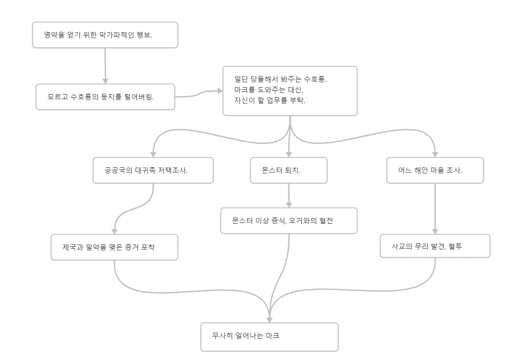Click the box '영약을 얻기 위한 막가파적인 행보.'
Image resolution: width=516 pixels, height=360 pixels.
105,35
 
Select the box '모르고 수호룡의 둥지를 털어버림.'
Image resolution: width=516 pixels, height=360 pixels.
105,97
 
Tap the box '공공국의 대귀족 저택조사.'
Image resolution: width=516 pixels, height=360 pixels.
153,170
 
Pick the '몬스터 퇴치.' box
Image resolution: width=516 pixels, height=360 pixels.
288,170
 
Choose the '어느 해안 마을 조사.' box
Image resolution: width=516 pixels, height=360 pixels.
435,170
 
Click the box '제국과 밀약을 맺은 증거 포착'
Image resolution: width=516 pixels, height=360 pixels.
114,247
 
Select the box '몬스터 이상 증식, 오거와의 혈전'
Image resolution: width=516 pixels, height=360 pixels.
289,221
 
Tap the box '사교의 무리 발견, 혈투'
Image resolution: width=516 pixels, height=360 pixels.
435,246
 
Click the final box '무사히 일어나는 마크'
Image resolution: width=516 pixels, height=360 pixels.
269,337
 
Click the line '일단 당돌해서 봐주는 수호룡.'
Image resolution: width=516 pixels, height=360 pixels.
280,80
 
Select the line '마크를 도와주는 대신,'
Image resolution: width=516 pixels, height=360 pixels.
270,90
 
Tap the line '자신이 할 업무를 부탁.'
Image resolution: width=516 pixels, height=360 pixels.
270,100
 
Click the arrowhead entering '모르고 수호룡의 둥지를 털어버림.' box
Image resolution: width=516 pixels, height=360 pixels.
105,81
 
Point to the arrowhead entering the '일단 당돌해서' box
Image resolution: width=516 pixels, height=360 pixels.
220,91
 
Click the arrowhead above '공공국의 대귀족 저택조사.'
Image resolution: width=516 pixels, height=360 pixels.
153,154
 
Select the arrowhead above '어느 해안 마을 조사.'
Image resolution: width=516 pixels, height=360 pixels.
435,154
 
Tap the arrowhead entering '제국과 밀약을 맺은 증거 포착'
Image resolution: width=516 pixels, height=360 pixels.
114,231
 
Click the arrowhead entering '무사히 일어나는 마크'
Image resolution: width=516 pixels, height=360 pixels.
269,319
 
